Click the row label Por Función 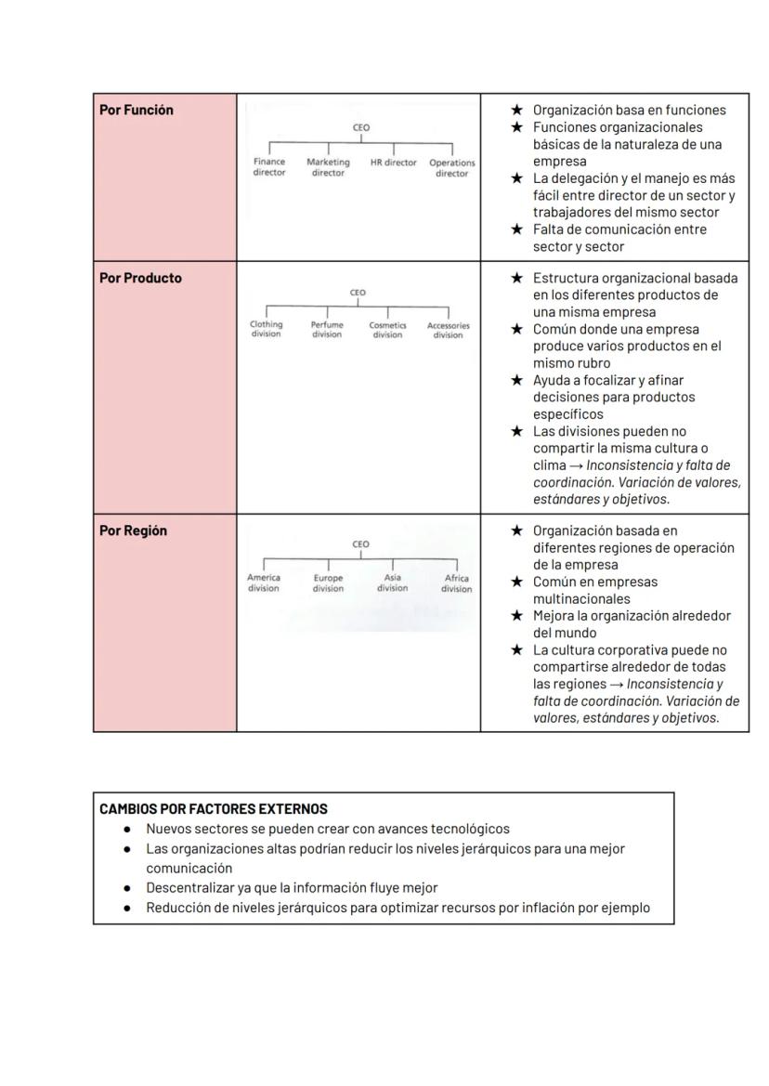click(x=137, y=110)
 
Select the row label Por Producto click(x=140, y=278)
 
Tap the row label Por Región click(x=133, y=530)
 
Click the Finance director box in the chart click(x=269, y=167)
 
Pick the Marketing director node click(x=328, y=167)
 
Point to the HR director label click(x=394, y=163)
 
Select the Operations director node click(x=452, y=168)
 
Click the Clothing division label click(x=266, y=330)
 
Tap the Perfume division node click(x=327, y=330)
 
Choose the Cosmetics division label click(x=388, y=330)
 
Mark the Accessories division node click(x=448, y=330)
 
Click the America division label click(x=264, y=582)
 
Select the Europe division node click(x=328, y=582)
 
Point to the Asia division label click(x=392, y=582)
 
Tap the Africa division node click(x=456, y=582)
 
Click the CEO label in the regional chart click(x=360, y=544)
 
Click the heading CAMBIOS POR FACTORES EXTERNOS click(x=214, y=809)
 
